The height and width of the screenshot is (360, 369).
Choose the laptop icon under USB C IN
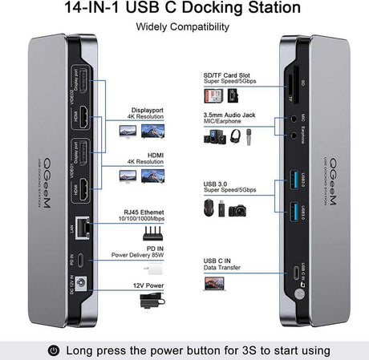point(216,282)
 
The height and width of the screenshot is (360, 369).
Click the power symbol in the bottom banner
point(55,350)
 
